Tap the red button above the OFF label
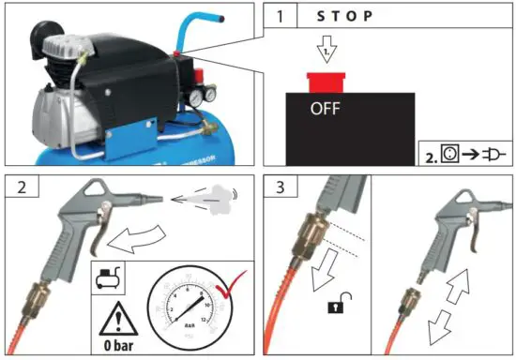(334, 83)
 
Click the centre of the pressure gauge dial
(190, 305)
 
